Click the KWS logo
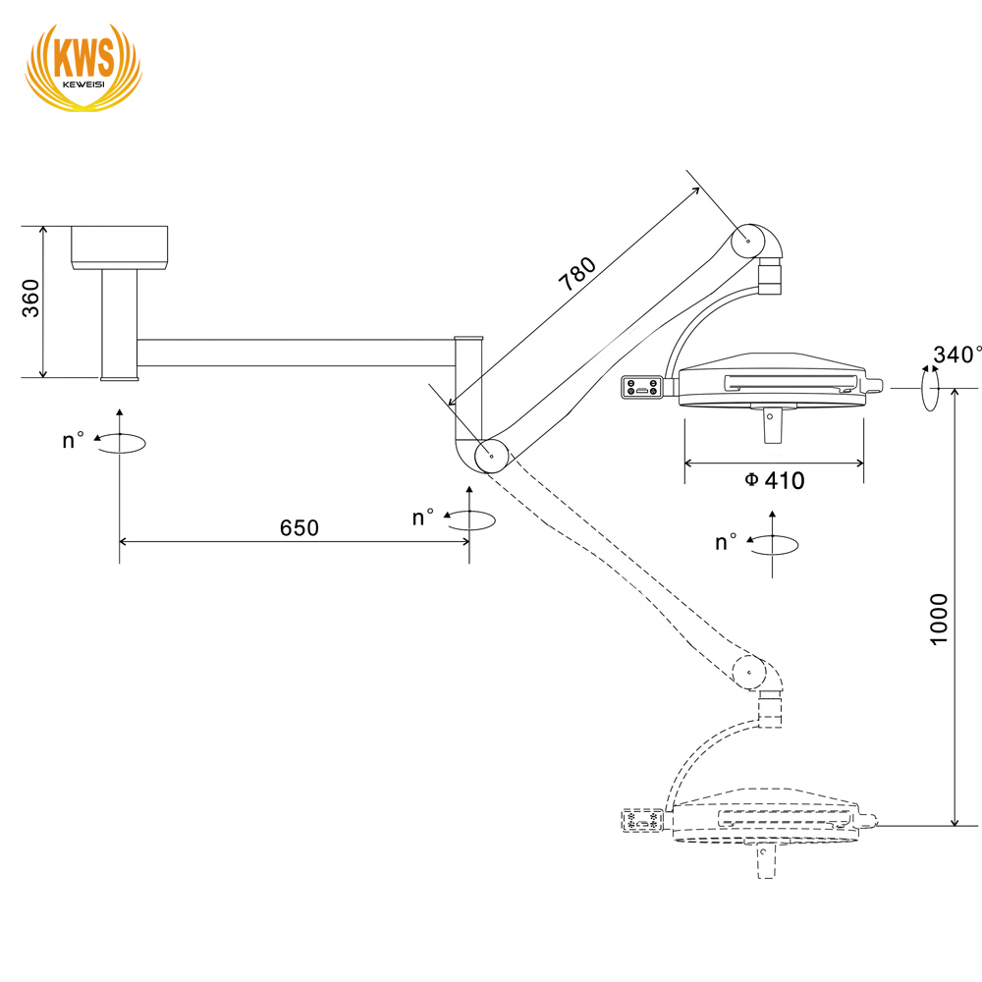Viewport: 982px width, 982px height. pos(82,63)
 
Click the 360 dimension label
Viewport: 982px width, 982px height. pos(30,299)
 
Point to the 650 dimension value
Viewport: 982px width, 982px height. pos(300,527)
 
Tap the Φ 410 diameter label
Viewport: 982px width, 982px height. pos(775,480)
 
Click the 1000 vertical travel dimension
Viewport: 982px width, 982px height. pos(940,619)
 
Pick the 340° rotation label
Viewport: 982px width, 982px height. pos(957,355)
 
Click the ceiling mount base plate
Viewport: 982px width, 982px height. pos(119,246)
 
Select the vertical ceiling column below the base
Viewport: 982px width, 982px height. pos(119,324)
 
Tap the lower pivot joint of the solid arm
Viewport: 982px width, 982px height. pos(491,456)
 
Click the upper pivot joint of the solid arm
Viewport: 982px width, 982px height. pos(748,239)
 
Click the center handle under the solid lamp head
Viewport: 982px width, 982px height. pos(771,424)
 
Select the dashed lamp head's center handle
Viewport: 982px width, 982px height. pos(763,861)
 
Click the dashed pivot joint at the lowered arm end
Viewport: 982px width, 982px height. pos(749,673)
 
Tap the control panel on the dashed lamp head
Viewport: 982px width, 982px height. pos(642,820)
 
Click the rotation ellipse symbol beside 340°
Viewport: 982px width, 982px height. pos(929,389)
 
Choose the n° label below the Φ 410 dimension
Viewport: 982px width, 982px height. pos(727,541)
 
